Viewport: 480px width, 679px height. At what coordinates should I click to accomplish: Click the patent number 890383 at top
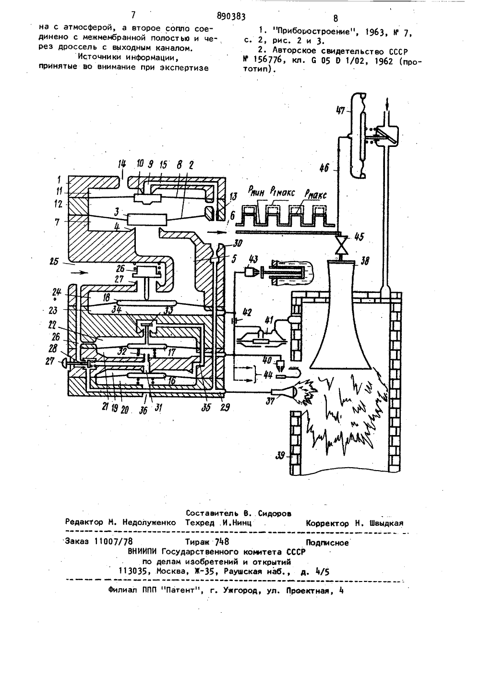231,16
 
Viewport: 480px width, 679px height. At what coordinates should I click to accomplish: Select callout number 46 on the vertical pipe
324,167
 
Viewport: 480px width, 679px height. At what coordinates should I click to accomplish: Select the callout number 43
252,260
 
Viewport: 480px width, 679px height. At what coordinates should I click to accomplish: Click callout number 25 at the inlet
54,261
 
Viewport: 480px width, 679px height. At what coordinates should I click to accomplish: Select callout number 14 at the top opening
122,166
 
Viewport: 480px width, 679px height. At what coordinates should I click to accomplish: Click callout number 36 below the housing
143,411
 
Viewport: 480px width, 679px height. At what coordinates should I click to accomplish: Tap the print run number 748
222,542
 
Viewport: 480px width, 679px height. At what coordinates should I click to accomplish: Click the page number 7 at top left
133,15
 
